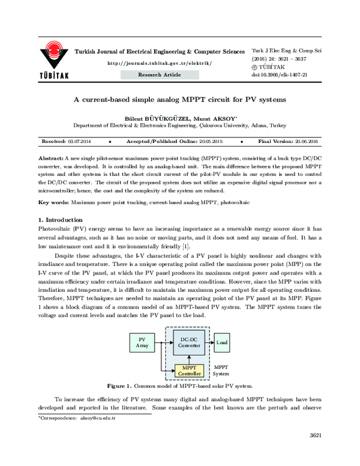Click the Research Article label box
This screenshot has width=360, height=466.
(159, 75)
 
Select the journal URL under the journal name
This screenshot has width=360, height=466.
(159, 63)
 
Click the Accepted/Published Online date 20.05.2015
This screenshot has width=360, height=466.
(208, 141)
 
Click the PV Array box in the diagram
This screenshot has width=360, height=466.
(142, 343)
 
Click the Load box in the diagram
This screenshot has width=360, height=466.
(221, 342)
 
